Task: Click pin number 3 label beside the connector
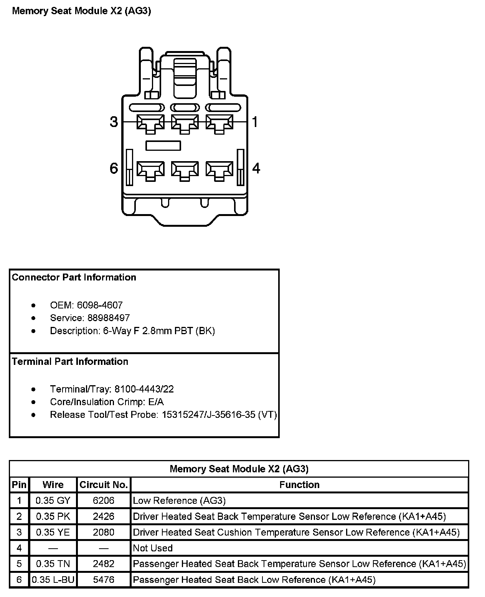(114, 122)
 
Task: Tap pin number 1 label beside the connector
(255, 122)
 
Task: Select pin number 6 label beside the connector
(114, 168)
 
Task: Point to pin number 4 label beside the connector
(256, 168)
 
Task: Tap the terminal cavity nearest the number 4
(219, 169)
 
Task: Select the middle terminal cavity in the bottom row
(185, 169)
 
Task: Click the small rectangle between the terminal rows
(163, 145)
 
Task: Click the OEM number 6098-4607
(100, 305)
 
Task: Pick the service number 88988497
(109, 318)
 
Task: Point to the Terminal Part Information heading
(70, 361)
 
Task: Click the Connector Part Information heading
(74, 277)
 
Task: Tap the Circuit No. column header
(104, 485)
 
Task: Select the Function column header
(299, 485)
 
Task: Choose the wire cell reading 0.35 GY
(53, 500)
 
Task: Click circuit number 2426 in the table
(104, 516)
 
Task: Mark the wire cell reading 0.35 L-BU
(53, 579)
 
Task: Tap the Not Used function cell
(153, 548)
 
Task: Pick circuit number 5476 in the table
(104, 579)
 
